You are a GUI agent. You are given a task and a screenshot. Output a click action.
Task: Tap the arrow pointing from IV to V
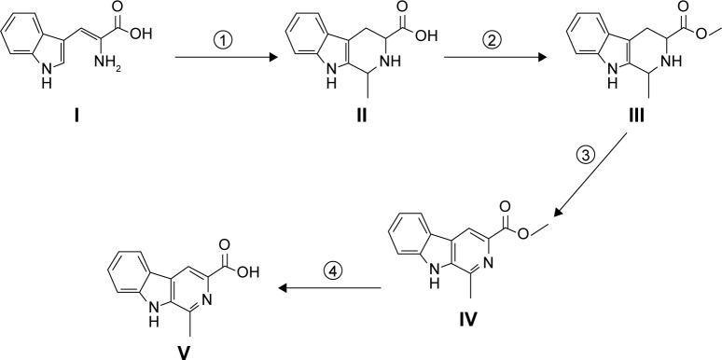[x=330, y=288]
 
